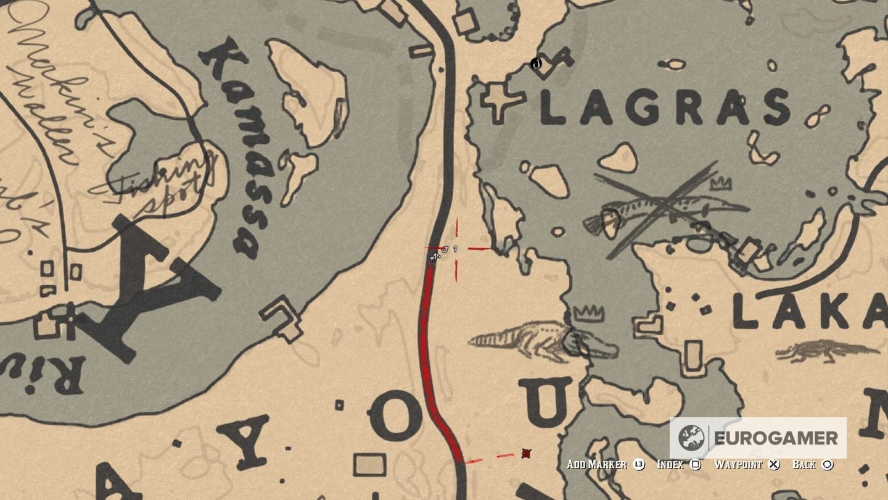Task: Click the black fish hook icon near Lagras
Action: pyautogui.click(x=536, y=63)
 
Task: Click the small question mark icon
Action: pyautogui.click(x=455, y=249)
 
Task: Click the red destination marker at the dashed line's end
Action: pyautogui.click(x=526, y=454)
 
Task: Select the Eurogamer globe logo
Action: pyautogui.click(x=691, y=438)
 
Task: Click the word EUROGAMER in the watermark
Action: pyautogui.click(x=776, y=438)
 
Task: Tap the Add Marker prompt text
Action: pyautogui.click(x=596, y=465)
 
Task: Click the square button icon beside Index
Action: pyautogui.click(x=696, y=465)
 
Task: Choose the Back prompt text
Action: pyautogui.click(x=804, y=465)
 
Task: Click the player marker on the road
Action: pyautogui.click(x=435, y=255)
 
